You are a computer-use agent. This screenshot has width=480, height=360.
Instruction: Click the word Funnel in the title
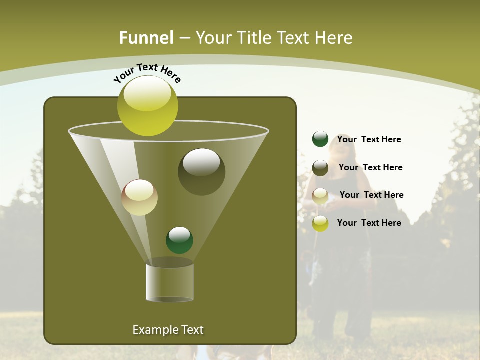[146, 38]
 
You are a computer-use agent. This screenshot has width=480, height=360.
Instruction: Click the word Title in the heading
[254, 38]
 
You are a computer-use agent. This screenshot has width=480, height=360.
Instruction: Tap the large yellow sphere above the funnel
[147, 106]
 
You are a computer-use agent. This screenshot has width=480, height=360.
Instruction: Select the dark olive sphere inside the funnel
[201, 172]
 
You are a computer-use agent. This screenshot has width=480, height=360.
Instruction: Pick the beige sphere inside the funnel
[140, 197]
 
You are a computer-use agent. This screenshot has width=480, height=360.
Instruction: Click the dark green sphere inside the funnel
[179, 240]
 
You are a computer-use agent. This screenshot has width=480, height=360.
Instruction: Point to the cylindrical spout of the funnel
[170, 282]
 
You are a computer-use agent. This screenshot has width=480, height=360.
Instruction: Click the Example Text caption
[168, 330]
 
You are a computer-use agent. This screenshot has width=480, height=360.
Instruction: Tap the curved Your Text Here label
[147, 73]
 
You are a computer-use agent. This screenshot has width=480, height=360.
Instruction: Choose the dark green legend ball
[320, 139]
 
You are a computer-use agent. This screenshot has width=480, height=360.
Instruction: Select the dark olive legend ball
[320, 168]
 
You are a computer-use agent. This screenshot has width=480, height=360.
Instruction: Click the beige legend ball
[320, 196]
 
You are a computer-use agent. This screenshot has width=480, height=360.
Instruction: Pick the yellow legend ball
[320, 223]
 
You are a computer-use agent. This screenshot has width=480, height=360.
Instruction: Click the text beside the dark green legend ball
[369, 139]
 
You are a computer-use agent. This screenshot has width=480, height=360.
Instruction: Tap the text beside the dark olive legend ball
[370, 167]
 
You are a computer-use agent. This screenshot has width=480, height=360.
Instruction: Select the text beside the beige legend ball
[371, 195]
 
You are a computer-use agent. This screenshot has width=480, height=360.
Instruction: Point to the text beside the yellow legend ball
[369, 223]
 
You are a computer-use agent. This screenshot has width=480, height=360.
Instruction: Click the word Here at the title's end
[334, 38]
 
